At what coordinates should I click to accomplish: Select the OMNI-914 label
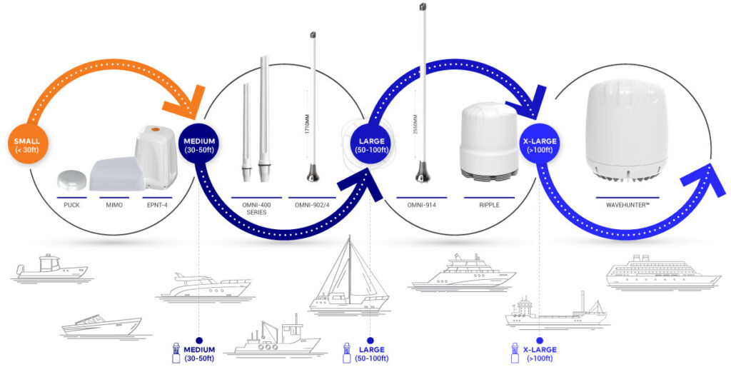[421, 206]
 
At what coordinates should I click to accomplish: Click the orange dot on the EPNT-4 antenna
[156, 130]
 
